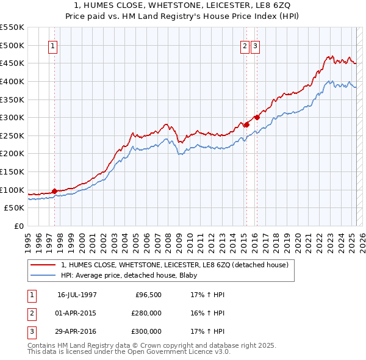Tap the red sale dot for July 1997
coord(54,191)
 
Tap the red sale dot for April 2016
coord(257,117)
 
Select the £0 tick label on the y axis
coord(18,226)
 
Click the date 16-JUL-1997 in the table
coord(77,294)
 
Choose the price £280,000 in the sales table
coord(146,313)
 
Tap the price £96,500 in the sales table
coord(148,294)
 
